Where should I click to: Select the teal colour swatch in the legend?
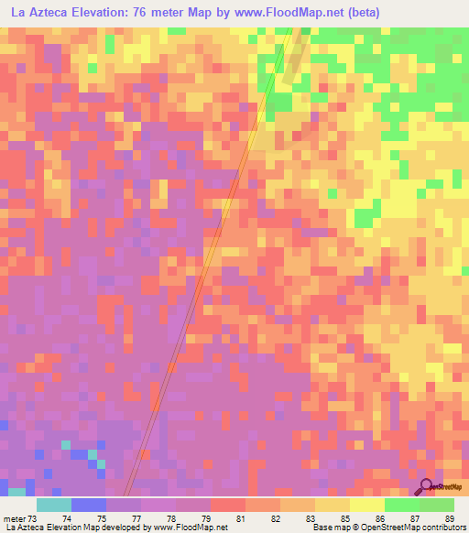tap(53, 505)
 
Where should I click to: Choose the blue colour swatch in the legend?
tap(88, 505)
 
